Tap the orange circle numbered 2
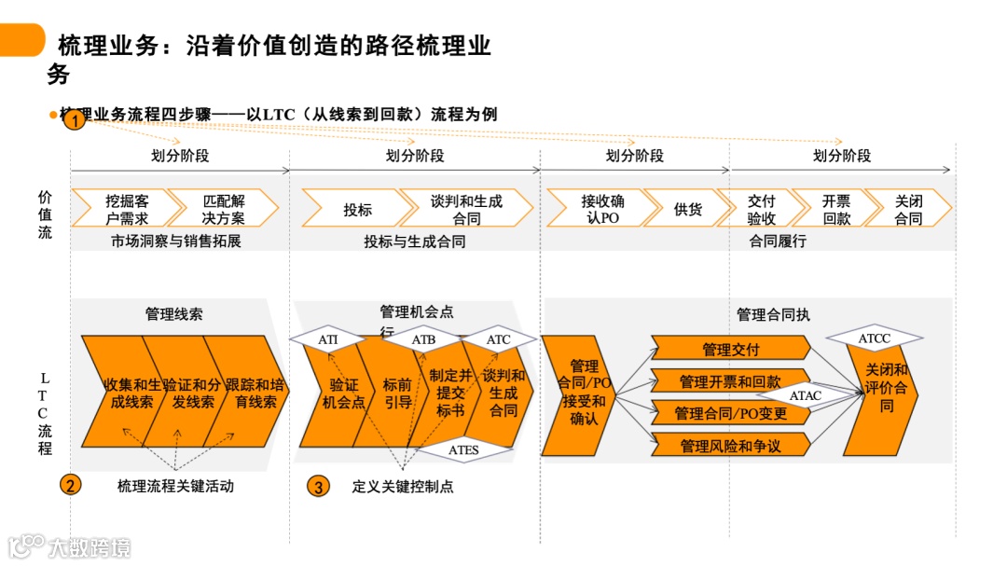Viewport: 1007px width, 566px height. coord(71,485)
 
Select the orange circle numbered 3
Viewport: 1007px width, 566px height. coord(319,486)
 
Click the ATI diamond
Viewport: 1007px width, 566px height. coord(328,339)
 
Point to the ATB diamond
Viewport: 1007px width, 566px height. coord(423,339)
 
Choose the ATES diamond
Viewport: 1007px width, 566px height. coord(463,450)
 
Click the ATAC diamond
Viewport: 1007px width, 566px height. coord(806,395)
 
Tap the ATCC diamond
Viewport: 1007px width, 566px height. coord(874,338)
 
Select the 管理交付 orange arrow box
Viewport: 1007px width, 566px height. coord(730,350)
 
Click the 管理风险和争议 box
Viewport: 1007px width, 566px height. coord(730,446)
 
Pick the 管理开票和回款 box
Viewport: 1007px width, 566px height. coord(730,381)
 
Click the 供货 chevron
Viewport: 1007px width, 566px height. coord(687,209)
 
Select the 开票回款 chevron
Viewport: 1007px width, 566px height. coord(836,209)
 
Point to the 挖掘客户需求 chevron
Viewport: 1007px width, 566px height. coord(126,209)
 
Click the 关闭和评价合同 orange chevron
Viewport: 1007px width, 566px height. coord(884,388)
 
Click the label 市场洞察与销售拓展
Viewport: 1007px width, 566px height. coord(175,242)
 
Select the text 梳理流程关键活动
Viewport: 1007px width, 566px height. coord(175,485)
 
